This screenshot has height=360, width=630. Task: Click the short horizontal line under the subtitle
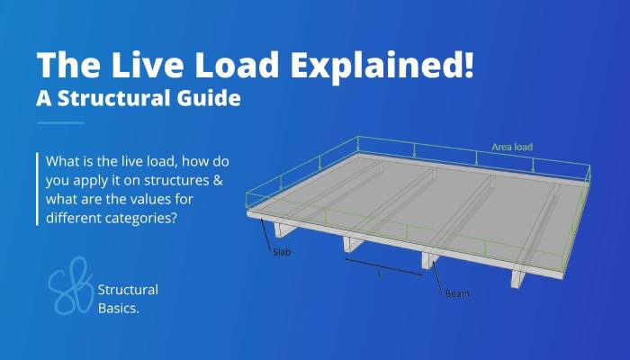(x=60, y=123)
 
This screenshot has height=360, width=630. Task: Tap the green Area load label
(x=512, y=147)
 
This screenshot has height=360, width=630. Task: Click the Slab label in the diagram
(x=282, y=252)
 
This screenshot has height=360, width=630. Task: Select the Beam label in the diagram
(x=457, y=293)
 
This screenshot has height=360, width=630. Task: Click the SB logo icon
(x=70, y=285)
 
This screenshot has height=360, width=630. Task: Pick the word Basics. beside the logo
(x=119, y=308)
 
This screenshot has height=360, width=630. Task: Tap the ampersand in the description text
(x=218, y=180)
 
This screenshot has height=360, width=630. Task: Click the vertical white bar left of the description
(x=38, y=189)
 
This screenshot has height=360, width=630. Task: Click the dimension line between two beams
(x=384, y=267)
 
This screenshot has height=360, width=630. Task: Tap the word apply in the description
(x=86, y=181)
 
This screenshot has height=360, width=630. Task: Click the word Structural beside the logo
(x=128, y=290)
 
